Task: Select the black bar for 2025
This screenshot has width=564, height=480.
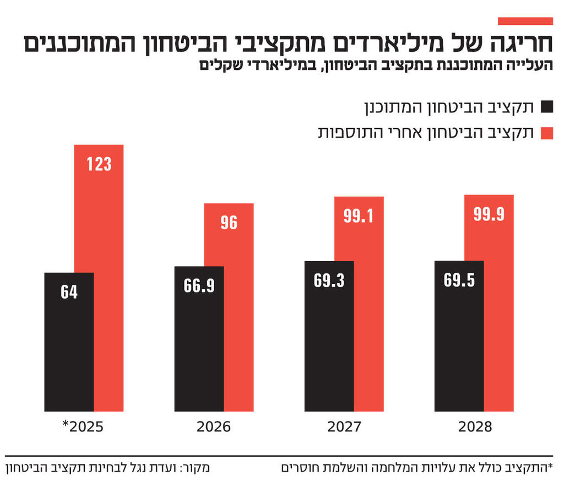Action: point(69,342)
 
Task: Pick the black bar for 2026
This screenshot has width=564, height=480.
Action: point(199,339)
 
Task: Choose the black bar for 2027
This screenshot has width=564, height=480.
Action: point(329,336)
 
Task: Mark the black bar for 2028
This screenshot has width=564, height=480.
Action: point(459,336)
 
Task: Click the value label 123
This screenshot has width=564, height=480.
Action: point(99,164)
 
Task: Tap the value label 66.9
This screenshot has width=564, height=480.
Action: point(199,286)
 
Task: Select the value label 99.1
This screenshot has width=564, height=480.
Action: point(359,216)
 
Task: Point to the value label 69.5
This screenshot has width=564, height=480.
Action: point(459,280)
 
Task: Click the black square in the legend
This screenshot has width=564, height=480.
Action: point(546,107)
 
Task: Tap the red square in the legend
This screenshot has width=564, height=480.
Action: point(546,133)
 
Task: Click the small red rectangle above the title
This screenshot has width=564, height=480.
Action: point(525,21)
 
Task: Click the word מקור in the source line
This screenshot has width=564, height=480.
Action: point(197,469)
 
